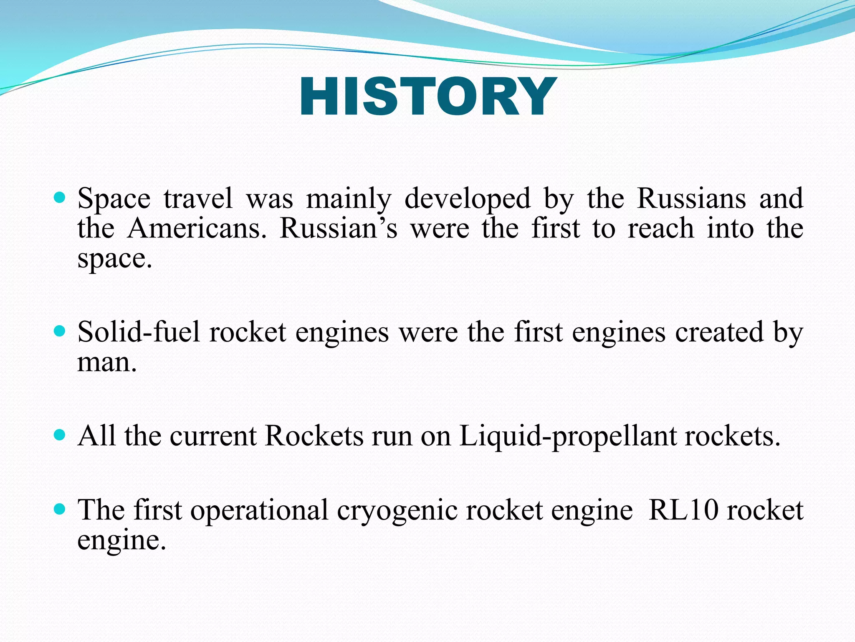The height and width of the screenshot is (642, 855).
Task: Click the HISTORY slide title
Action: [x=427, y=97]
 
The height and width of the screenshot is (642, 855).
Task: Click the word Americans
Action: [x=197, y=229]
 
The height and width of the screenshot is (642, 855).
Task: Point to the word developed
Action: [x=467, y=199]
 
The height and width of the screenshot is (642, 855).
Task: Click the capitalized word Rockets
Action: [x=314, y=436]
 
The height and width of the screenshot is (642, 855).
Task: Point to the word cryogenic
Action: [x=397, y=511]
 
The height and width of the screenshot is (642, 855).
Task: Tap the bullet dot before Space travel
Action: [x=61, y=197]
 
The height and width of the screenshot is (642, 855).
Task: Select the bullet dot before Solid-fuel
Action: [x=61, y=331]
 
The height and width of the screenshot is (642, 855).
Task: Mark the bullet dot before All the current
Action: [x=61, y=435]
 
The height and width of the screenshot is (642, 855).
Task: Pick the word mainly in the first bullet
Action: [x=349, y=199]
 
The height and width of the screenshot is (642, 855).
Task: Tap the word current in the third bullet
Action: [x=213, y=436]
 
